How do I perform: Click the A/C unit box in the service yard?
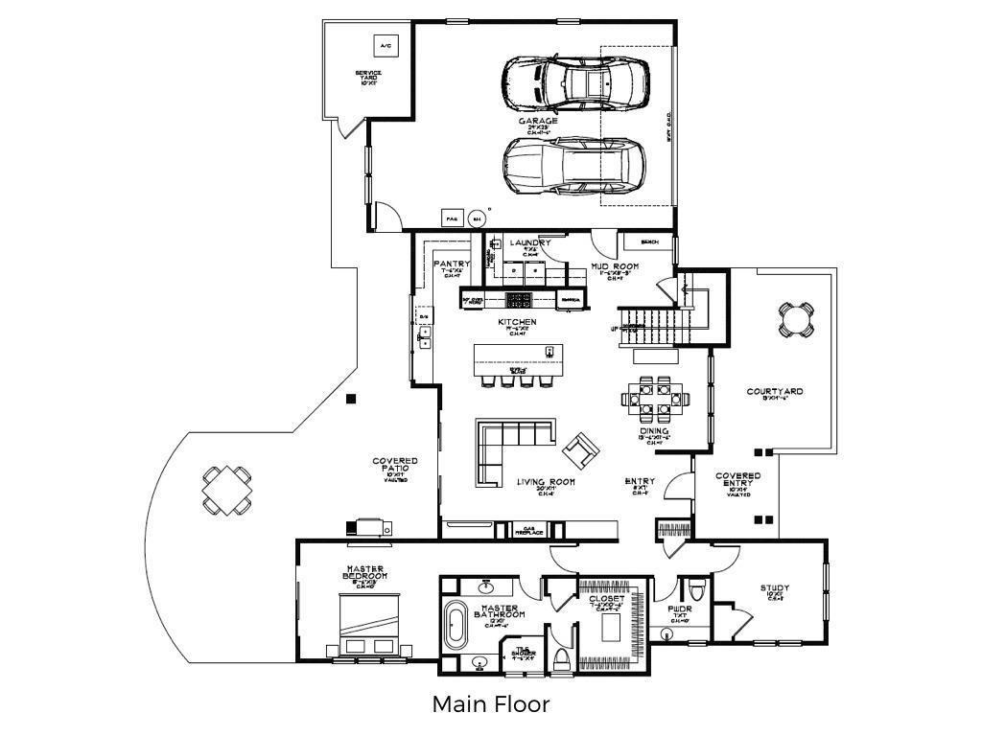(386, 46)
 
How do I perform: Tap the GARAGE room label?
(538, 122)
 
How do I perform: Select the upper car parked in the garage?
(575, 83)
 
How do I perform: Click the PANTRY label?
(452, 264)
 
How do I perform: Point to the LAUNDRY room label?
(529, 243)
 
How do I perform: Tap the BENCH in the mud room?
(649, 241)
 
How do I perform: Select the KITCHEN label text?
(517, 323)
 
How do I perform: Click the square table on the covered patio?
(228, 489)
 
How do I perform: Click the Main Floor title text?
(490, 705)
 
